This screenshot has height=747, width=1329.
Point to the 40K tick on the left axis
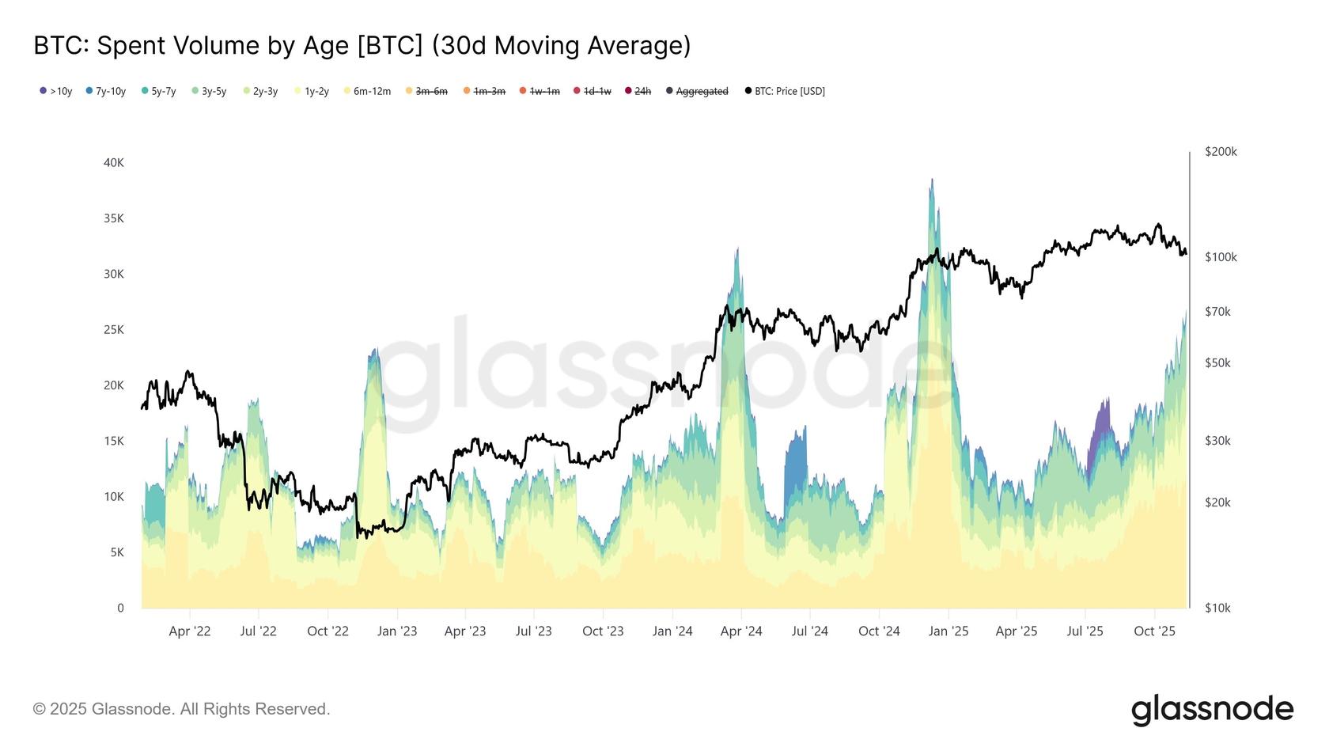(114, 163)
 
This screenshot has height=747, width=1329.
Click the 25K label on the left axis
(114, 330)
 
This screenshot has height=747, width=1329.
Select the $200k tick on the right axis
(1221, 152)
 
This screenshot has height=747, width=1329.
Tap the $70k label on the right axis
(1217, 312)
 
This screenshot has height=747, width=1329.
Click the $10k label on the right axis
(1217, 608)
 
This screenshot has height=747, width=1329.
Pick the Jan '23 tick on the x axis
(397, 631)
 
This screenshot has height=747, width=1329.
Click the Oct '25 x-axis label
(1154, 631)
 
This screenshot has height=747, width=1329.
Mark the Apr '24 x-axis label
(741, 631)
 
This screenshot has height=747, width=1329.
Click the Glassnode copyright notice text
(181, 709)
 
